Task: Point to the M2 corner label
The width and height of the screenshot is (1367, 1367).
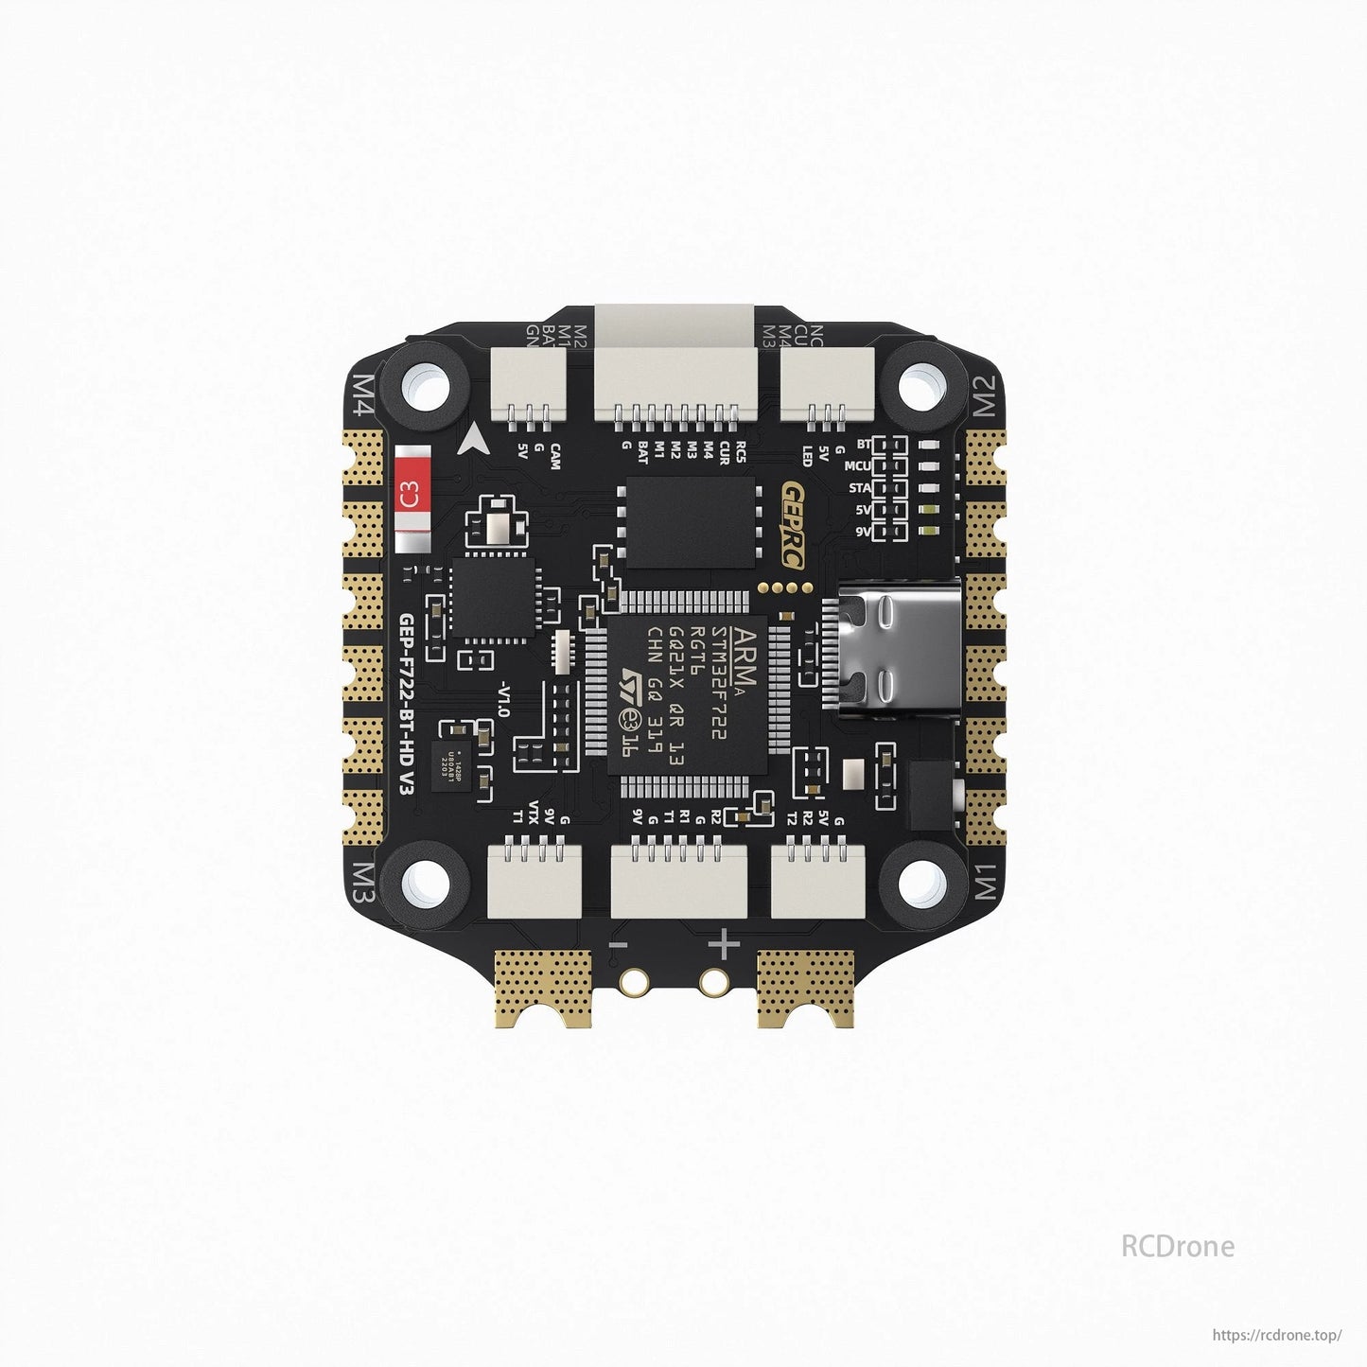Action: [x=985, y=394]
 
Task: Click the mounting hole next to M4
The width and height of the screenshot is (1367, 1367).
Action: [x=426, y=386]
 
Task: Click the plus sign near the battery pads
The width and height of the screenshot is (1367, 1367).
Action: [x=725, y=944]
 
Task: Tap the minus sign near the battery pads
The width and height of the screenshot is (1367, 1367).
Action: [x=619, y=944]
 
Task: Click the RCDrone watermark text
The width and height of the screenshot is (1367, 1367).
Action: [x=1177, y=1246]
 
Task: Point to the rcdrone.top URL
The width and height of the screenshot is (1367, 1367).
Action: [x=1276, y=1335]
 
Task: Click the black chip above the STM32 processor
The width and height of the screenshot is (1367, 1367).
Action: [x=690, y=522]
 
